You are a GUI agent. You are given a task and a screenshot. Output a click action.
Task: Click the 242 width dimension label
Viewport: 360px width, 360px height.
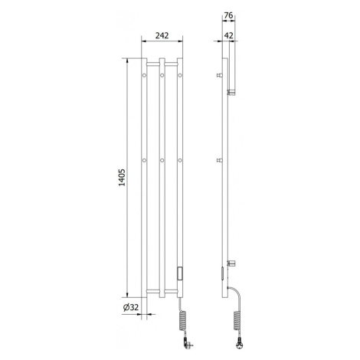(x=162, y=35)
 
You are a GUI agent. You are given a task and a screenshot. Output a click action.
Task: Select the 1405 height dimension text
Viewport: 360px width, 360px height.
(x=122, y=178)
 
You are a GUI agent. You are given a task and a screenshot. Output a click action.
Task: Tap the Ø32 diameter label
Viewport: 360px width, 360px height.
(x=131, y=307)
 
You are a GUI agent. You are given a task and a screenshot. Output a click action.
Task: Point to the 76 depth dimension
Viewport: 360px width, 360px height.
(x=228, y=15)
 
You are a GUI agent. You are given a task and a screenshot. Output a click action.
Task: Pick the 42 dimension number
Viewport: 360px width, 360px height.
(x=228, y=35)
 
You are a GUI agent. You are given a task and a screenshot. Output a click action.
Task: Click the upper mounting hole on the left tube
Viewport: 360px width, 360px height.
(x=144, y=75)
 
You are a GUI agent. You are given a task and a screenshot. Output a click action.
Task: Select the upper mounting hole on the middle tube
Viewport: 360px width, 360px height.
(x=162, y=75)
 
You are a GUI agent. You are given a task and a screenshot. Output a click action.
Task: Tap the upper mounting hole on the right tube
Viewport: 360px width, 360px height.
(x=180, y=75)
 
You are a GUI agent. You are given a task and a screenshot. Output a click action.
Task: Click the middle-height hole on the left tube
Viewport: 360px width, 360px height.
(x=144, y=160)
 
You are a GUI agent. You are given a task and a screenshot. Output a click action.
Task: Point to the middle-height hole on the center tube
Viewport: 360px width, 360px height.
(x=162, y=160)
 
